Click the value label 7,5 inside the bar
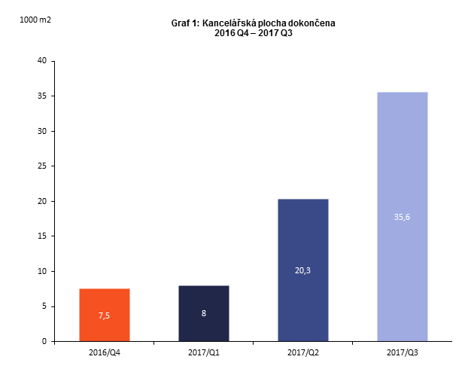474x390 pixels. pyautogui.click(x=105, y=315)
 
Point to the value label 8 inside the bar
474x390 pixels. pyautogui.click(x=204, y=312)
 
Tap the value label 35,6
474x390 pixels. pyautogui.click(x=403, y=217)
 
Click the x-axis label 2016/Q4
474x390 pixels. pyautogui.click(x=105, y=352)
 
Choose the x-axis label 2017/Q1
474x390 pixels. pyautogui.click(x=204, y=352)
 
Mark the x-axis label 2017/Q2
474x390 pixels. pyautogui.click(x=303, y=352)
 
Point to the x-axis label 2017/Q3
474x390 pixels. pyautogui.click(x=403, y=352)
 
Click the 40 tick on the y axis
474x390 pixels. pyautogui.click(x=41, y=61)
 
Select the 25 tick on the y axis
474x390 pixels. pyautogui.click(x=41, y=166)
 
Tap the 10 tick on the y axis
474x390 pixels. pyautogui.click(x=41, y=271)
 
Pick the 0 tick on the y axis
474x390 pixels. pyautogui.click(x=44, y=341)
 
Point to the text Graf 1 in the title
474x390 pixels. pyautogui.click(x=185, y=24)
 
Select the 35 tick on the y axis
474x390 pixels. pyautogui.click(x=41, y=96)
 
